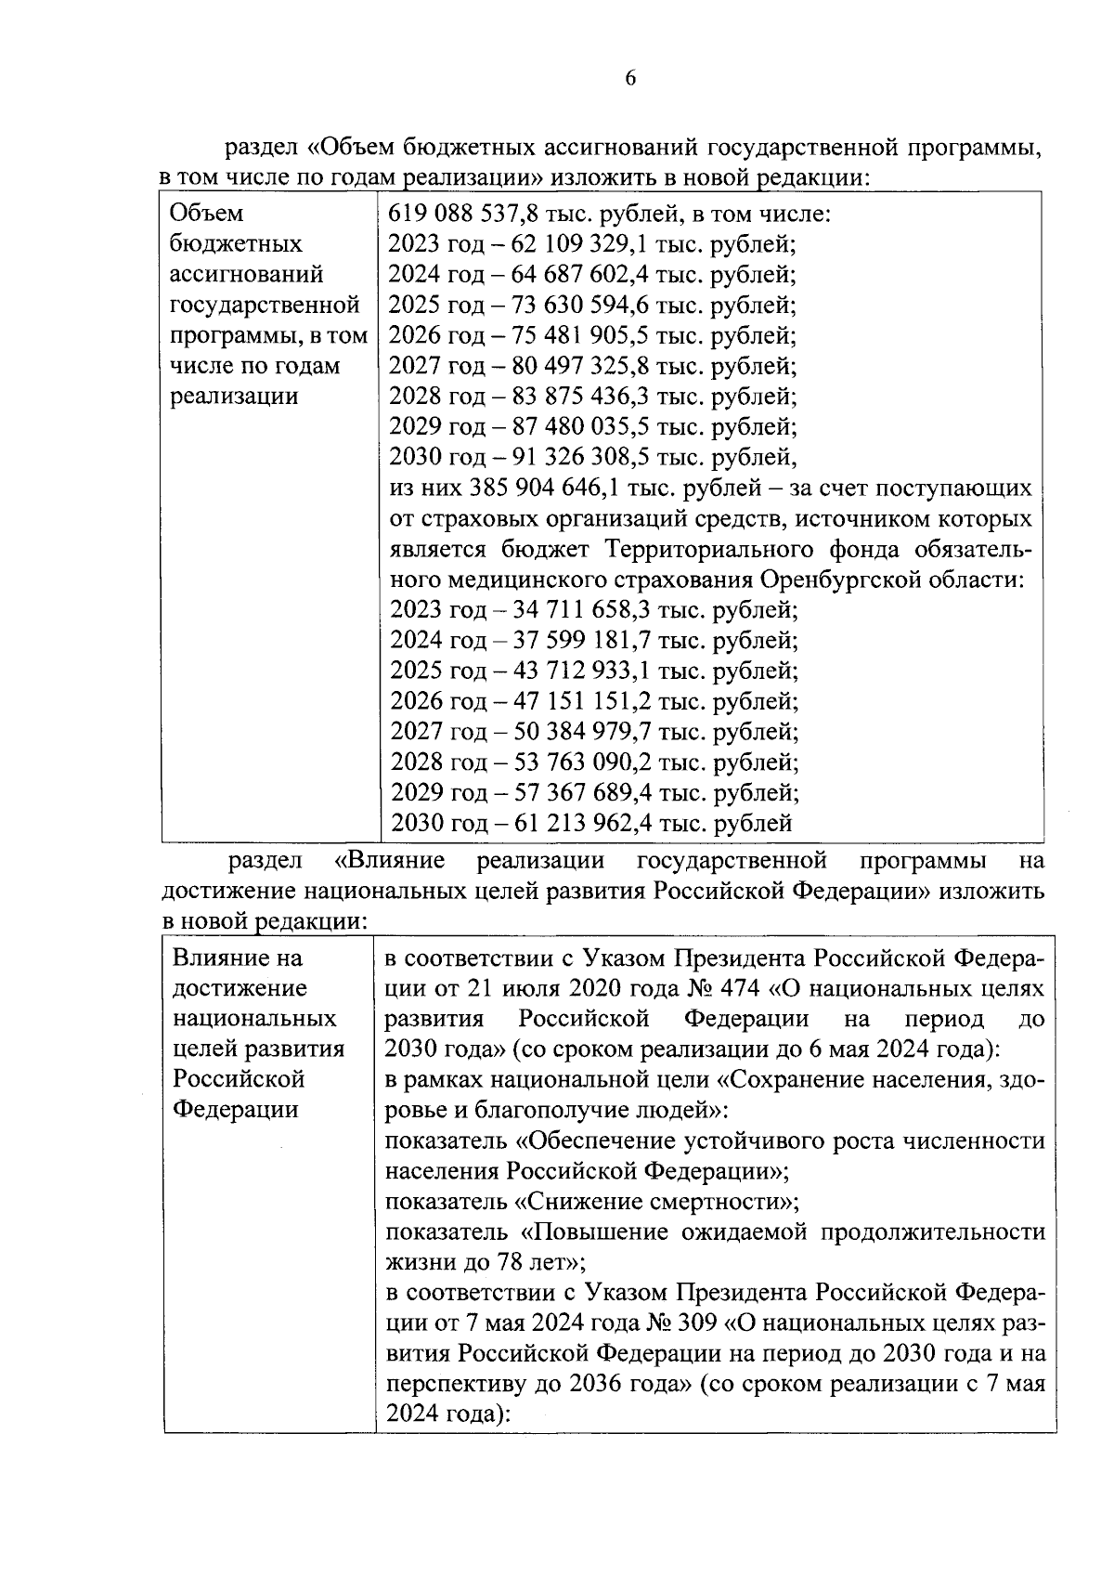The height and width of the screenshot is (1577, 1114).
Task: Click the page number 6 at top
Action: point(630,78)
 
